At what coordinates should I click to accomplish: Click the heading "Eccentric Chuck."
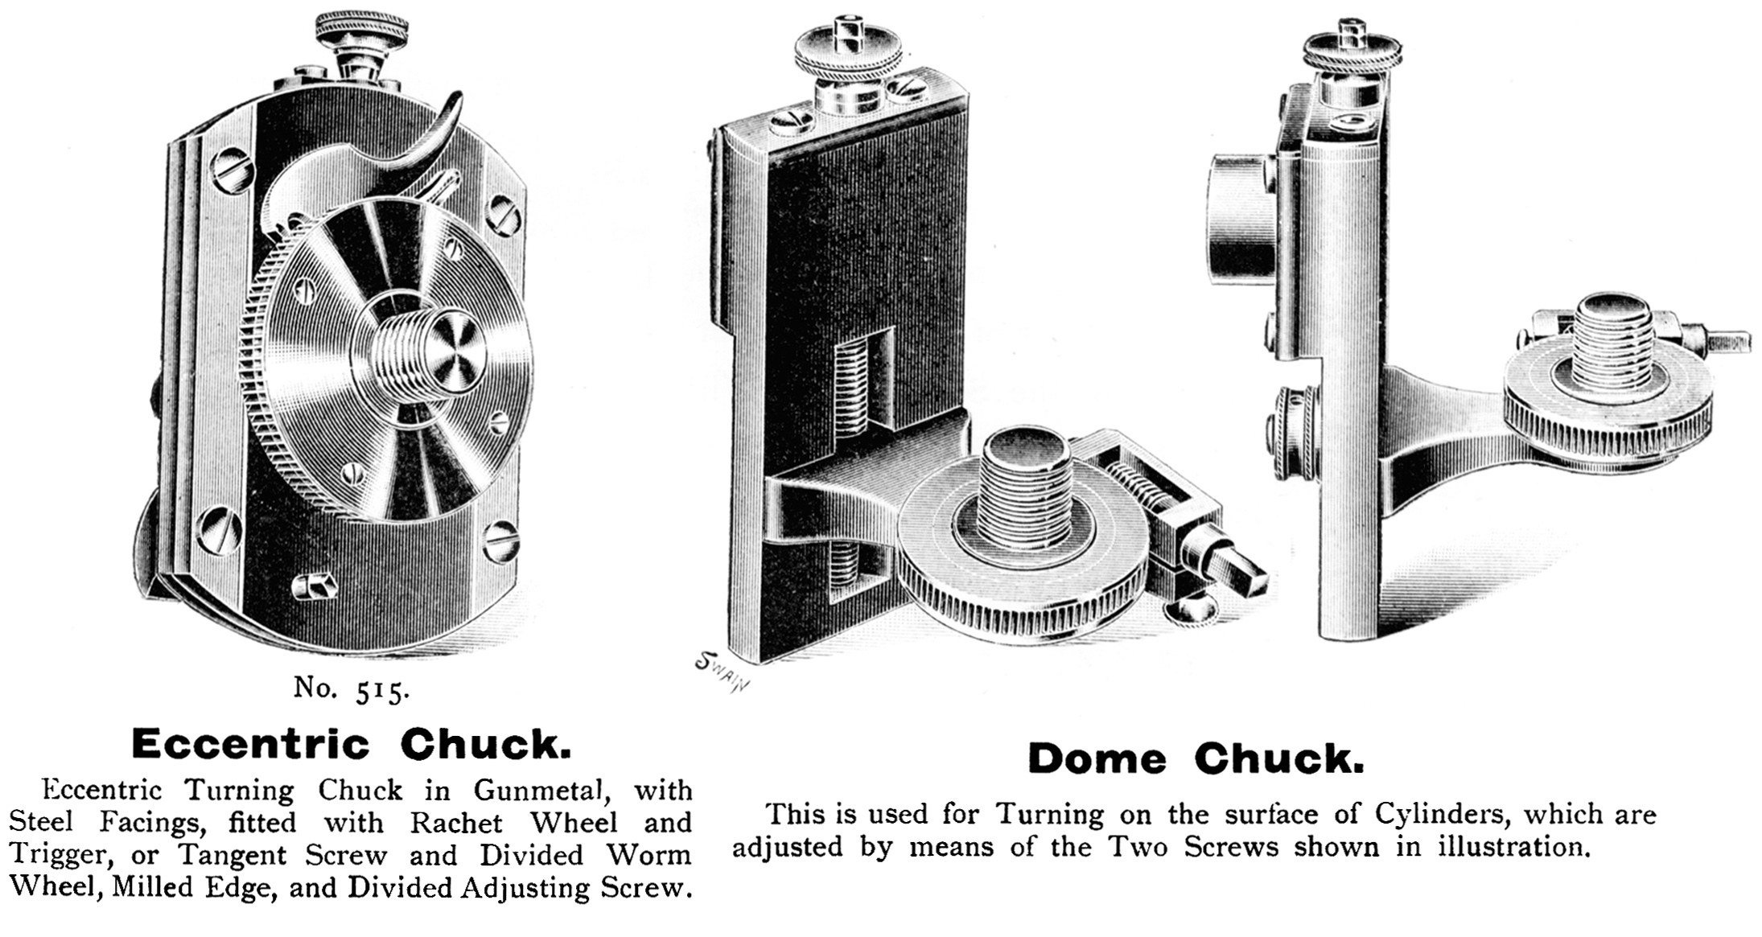(x=352, y=744)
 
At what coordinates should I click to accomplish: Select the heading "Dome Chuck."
(x=1196, y=758)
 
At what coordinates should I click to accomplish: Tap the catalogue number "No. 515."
(x=352, y=689)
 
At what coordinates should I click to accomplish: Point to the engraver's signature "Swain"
(x=723, y=672)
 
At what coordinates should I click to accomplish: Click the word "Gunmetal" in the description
(x=537, y=791)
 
